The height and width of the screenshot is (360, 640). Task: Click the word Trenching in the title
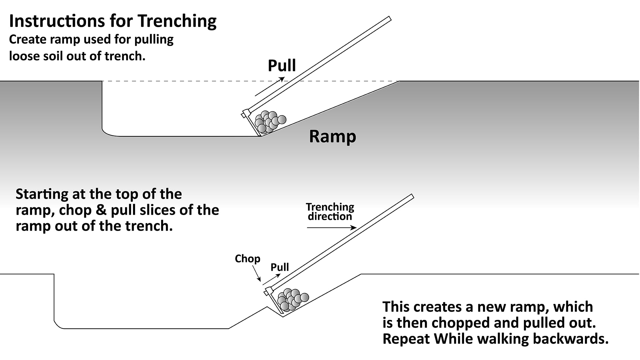click(177, 21)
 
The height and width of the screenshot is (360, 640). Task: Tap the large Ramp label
click(332, 136)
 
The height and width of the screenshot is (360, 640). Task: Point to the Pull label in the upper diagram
click(282, 65)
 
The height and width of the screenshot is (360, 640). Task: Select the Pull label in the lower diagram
click(280, 267)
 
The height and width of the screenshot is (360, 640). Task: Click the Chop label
click(247, 259)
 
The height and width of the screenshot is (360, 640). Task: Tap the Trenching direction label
click(330, 212)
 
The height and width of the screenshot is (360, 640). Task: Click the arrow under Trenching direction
click(332, 228)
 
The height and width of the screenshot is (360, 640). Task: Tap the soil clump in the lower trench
click(292, 299)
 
